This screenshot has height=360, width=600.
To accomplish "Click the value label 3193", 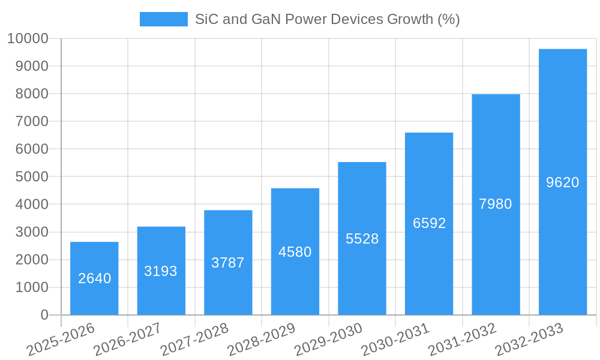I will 161,271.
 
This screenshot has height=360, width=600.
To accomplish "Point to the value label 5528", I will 362,239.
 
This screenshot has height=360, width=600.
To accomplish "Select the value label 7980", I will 496,204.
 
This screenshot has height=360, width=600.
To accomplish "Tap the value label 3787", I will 228,263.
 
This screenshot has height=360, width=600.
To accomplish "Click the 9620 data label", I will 562,182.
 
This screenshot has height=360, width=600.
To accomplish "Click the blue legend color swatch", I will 163,19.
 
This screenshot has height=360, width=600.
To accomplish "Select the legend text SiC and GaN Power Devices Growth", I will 327,19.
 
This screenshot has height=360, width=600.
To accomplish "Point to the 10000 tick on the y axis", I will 28,38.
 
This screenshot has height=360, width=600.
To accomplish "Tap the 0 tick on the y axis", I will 44,315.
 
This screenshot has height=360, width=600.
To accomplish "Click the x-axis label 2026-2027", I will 127,340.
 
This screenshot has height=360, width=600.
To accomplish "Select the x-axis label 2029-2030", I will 328,340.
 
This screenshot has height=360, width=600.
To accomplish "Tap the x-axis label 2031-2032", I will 462,340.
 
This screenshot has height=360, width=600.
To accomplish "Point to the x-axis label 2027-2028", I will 194,340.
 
